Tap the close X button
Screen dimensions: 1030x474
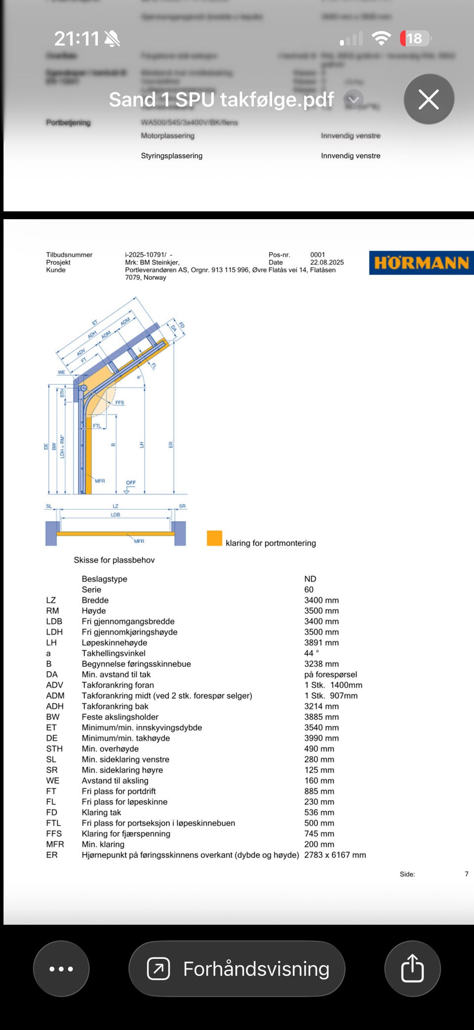(x=429, y=99)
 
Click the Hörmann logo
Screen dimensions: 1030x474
(x=421, y=263)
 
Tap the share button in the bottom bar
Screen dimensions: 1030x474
(x=412, y=968)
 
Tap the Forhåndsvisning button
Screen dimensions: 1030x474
(x=237, y=968)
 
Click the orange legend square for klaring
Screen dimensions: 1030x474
(x=214, y=538)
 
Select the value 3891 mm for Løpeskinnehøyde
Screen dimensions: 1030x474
(x=321, y=643)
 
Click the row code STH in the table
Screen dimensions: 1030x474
(x=54, y=749)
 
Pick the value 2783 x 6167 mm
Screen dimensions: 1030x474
(x=335, y=855)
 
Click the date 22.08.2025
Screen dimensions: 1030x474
(x=327, y=263)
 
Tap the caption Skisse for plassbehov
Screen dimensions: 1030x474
(x=114, y=560)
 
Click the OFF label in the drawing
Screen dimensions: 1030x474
(x=131, y=483)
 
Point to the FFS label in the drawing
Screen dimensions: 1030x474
(x=119, y=403)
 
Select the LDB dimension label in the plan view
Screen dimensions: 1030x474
(x=116, y=515)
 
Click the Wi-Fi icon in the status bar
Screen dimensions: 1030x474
(x=381, y=38)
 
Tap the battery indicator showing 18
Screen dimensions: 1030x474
(x=415, y=38)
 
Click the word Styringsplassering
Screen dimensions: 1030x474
(x=171, y=155)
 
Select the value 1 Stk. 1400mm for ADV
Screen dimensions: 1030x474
(x=333, y=685)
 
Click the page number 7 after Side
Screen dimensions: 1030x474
(x=467, y=874)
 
